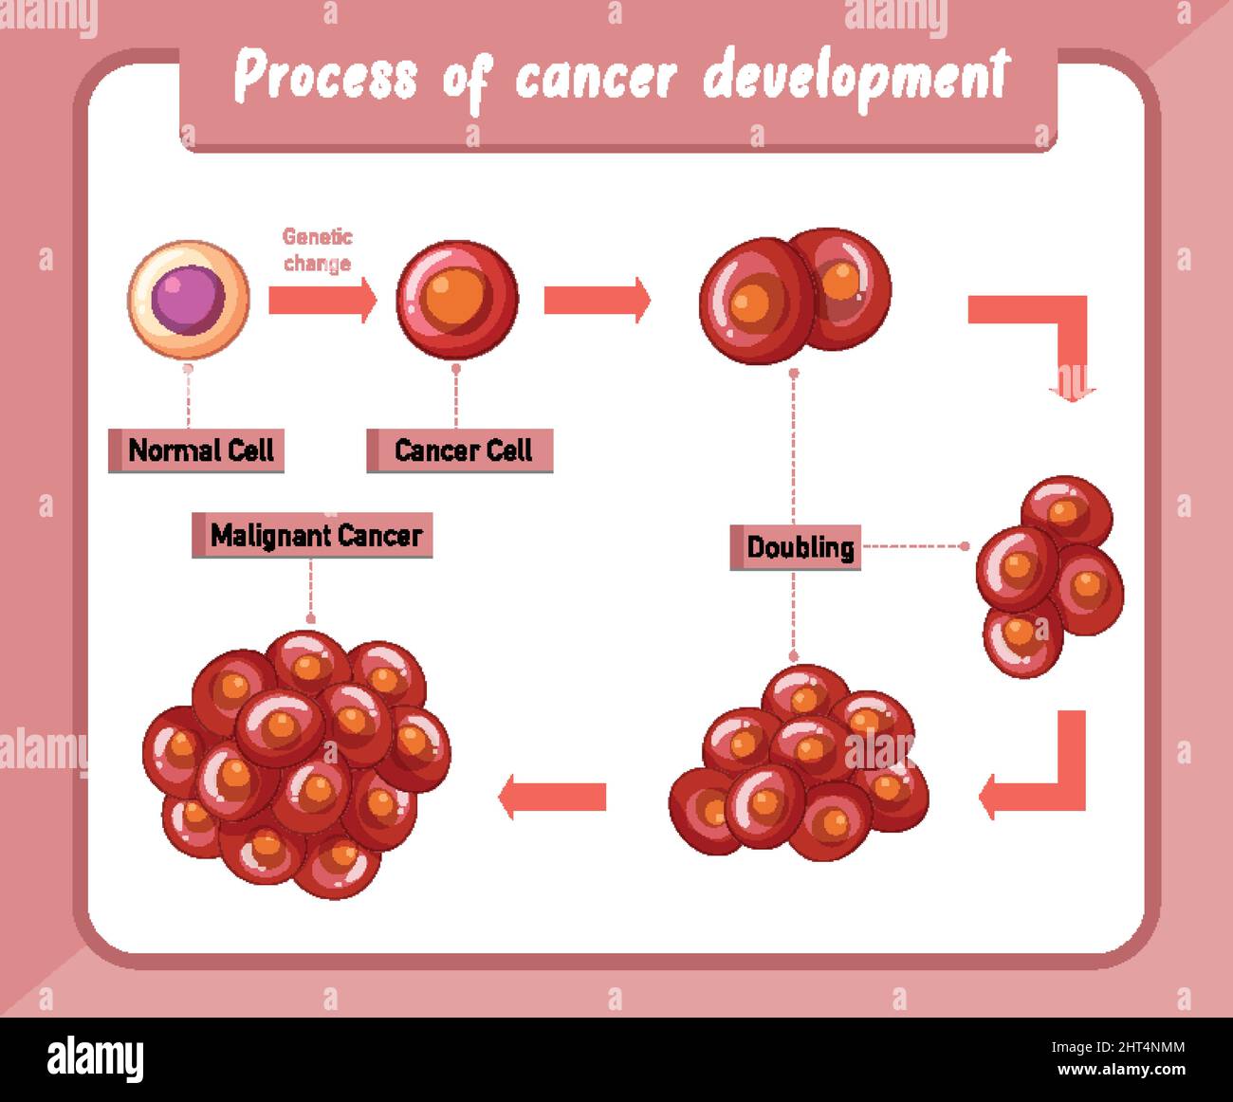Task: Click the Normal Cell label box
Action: (196, 450)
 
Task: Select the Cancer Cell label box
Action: (460, 450)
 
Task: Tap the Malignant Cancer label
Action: (313, 536)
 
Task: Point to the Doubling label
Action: (796, 547)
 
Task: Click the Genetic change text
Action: (317, 250)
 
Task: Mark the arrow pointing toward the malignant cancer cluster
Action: (553, 796)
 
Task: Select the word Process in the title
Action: (325, 78)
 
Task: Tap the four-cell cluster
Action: (1050, 575)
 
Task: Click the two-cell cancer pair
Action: (795, 295)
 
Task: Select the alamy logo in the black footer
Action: (95, 1058)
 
